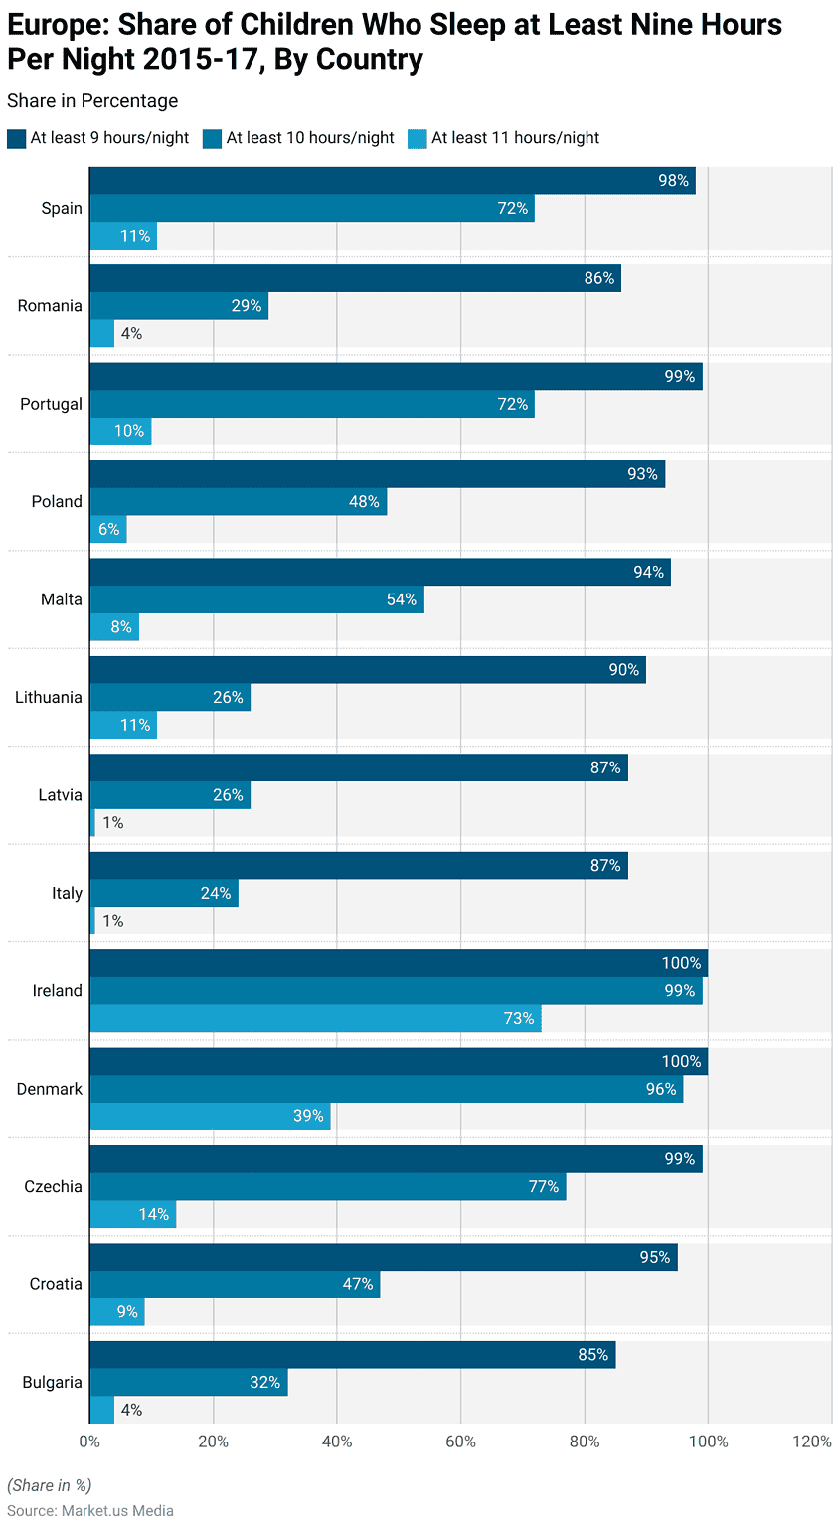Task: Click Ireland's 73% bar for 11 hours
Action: click(x=315, y=1018)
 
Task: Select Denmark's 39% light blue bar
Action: click(x=210, y=1116)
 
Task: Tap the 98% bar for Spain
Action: click(x=392, y=181)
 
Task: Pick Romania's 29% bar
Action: click(x=179, y=306)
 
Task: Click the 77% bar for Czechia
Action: click(x=327, y=1186)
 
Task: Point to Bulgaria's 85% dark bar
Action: click(x=352, y=1355)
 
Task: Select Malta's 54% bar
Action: click(x=256, y=599)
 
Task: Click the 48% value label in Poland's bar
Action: click(x=364, y=502)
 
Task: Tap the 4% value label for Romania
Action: click(x=131, y=334)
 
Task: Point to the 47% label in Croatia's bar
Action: click(x=358, y=1284)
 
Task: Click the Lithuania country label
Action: click(x=49, y=698)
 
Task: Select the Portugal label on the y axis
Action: click(x=51, y=405)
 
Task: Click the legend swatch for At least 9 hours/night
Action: click(x=16, y=138)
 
